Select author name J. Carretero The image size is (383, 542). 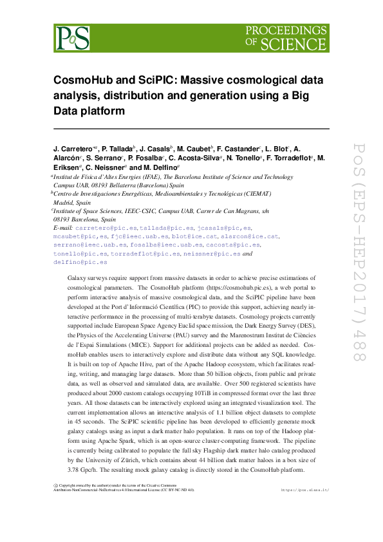pyautogui.click(x=73, y=149)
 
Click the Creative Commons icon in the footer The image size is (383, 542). pyautogui.click(x=55, y=485)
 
